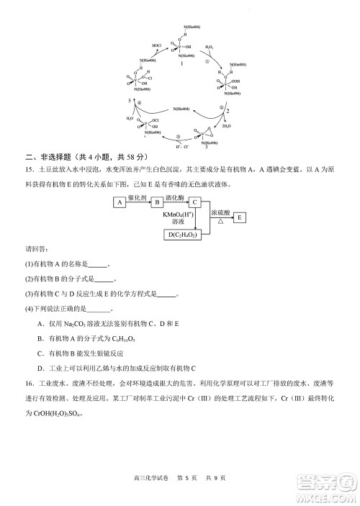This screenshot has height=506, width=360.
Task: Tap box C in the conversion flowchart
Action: coord(194,202)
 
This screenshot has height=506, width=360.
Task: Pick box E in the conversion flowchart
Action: coord(240,216)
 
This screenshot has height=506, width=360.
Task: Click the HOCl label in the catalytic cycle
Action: coord(156,45)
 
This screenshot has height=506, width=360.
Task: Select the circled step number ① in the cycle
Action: coord(206,61)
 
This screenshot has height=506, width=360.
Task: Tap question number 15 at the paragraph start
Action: coord(30,171)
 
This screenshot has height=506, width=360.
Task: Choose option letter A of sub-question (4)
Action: coord(40,324)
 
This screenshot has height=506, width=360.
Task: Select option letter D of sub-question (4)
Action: coord(40,368)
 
